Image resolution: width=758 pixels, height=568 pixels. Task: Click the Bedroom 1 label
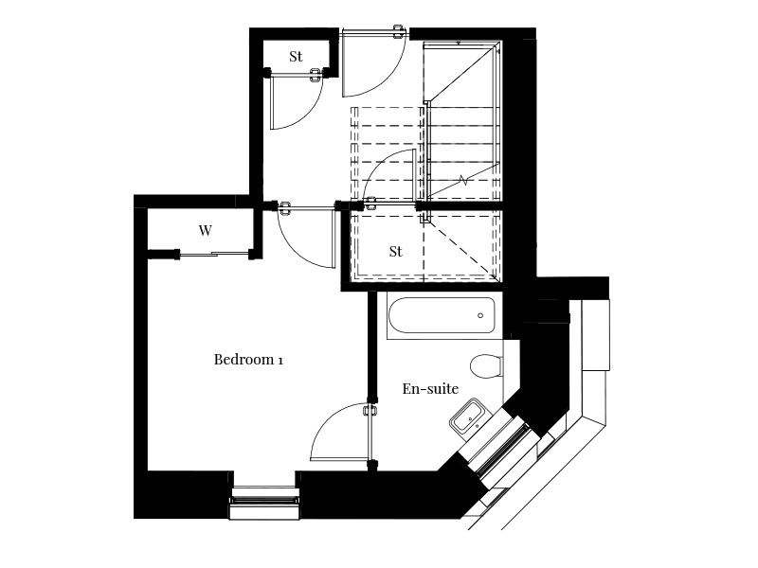(x=248, y=360)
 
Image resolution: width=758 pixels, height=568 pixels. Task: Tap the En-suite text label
(x=430, y=388)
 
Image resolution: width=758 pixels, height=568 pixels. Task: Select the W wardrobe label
(x=205, y=231)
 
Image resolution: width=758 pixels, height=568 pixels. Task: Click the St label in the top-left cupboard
(x=296, y=57)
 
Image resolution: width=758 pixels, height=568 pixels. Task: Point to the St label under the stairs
(x=395, y=251)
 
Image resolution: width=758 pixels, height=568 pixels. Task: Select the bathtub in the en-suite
(x=442, y=315)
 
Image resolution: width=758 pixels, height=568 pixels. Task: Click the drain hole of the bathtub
(x=480, y=315)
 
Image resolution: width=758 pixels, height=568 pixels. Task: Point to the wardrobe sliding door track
(x=214, y=253)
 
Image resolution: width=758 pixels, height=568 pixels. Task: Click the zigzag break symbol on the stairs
(x=464, y=181)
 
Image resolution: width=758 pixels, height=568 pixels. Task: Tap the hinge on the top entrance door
(x=399, y=33)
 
